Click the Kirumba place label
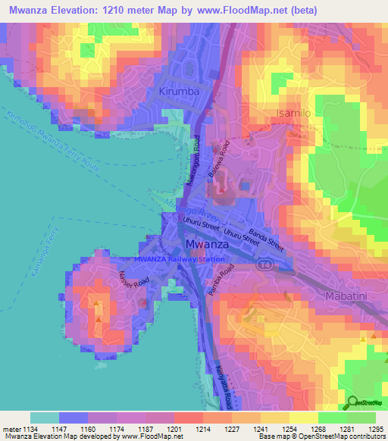(180, 92)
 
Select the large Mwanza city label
(208, 246)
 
